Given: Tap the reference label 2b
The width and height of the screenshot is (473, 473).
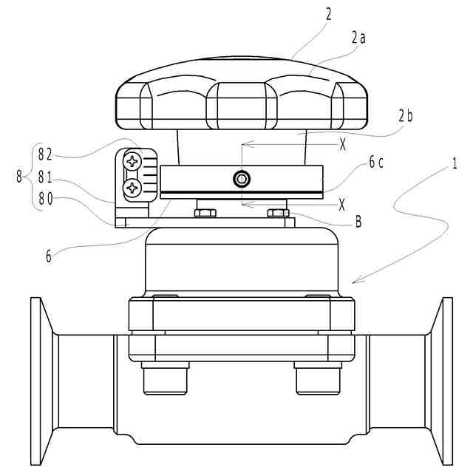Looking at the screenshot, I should pos(405,115).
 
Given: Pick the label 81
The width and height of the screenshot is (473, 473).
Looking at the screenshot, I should pos(45,177).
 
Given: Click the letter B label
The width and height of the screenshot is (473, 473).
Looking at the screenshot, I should pos(358,220).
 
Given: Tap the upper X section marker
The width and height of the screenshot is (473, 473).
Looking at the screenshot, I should pos(342,145).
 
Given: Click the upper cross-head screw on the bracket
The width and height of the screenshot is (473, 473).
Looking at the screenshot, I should pos(133,161).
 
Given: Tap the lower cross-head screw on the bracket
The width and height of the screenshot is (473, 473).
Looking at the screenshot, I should pos(133,188).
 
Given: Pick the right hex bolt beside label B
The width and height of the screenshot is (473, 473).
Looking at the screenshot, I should pos(277,214).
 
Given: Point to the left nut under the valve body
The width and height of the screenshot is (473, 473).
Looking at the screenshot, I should pos(165,379).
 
